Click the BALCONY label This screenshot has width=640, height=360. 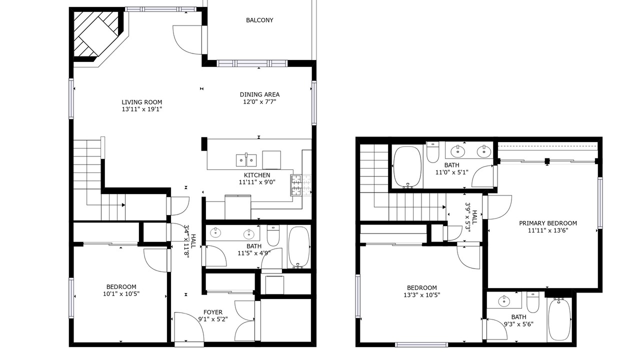pos(259,20)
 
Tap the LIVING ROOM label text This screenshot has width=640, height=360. pos(141,102)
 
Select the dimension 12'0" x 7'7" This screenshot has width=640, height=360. pos(259,101)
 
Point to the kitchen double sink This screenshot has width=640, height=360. pos(246,160)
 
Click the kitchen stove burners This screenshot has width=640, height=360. pos(296,185)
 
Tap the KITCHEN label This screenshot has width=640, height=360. pos(257,175)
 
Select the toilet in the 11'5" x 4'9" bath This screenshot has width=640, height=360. pos(273,235)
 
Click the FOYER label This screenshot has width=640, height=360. pos(213,312)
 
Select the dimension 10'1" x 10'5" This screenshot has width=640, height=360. pos(121,293)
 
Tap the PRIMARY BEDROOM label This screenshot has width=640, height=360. pos(547,223)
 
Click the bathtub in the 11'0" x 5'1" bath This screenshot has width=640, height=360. pos(407,167)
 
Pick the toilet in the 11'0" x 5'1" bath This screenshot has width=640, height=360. pos(432,152)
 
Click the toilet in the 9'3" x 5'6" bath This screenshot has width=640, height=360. pos(533,302)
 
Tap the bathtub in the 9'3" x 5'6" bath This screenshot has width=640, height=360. pos(559,319)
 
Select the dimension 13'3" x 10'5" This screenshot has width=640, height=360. pos(421,295)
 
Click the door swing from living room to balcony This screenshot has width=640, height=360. pos(187,39)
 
